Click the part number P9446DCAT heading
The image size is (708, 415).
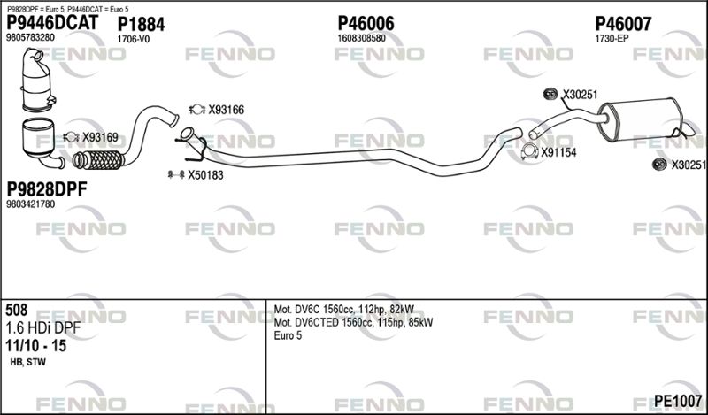(x=52, y=23)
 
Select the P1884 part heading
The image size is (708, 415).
(x=141, y=25)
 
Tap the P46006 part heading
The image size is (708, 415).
(x=366, y=24)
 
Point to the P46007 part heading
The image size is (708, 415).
(x=623, y=24)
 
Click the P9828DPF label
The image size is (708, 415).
(x=47, y=189)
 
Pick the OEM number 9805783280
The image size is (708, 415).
(x=30, y=37)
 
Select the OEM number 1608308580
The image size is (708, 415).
(x=361, y=38)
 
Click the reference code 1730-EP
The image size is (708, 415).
(x=612, y=39)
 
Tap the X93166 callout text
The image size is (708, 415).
(x=226, y=110)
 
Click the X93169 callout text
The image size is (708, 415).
(x=100, y=137)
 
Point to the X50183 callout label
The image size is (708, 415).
(x=205, y=175)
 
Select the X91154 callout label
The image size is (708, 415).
(x=559, y=152)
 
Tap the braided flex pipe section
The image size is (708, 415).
(x=98, y=160)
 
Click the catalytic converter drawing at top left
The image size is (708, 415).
(x=37, y=80)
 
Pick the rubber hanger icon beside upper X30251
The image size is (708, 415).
(x=550, y=94)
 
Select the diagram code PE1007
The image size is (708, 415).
(x=678, y=401)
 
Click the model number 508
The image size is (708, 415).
(x=17, y=310)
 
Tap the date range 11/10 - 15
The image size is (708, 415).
(x=35, y=345)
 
